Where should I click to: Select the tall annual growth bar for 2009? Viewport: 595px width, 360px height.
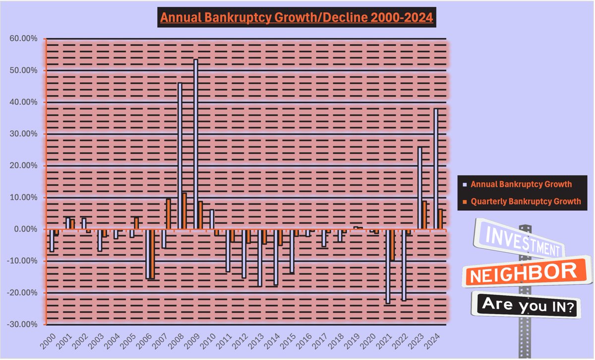click(196, 144)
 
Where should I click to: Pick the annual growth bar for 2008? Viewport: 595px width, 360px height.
click(180, 156)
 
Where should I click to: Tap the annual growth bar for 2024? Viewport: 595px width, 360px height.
click(436, 169)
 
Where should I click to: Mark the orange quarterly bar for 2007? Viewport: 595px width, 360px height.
click(169, 214)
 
